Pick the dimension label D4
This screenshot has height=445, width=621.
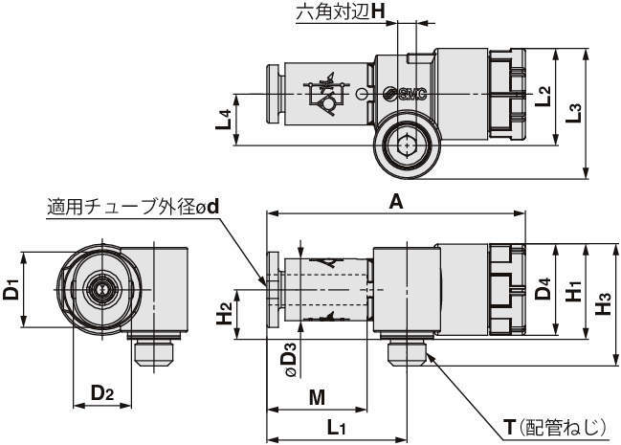(x=543, y=290)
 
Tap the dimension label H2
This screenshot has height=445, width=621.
(x=222, y=310)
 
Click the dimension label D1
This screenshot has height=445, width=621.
(x=12, y=290)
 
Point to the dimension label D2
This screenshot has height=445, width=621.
(x=103, y=393)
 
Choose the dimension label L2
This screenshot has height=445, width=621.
(x=543, y=95)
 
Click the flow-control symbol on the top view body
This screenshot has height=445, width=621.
(x=324, y=95)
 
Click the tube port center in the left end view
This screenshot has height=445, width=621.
(x=98, y=288)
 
